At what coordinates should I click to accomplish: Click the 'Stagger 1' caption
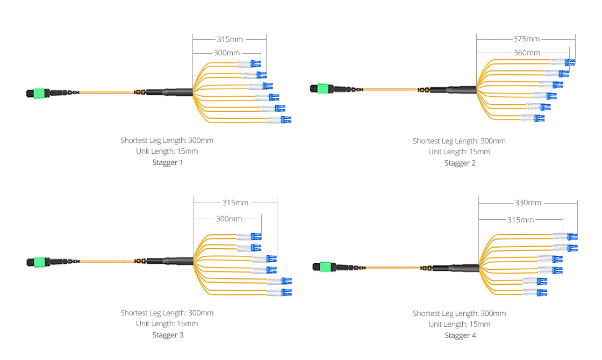click(167, 162)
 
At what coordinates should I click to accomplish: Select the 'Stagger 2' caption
click(460, 163)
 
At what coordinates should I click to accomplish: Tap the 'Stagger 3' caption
click(167, 335)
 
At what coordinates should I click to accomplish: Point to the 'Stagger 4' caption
click(460, 335)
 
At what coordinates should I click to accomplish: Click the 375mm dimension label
click(526, 39)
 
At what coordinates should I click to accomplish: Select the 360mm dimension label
click(527, 53)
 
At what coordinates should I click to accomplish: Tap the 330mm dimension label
click(528, 203)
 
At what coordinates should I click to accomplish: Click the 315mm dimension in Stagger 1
click(230, 39)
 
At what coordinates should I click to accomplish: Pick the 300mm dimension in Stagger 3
click(228, 219)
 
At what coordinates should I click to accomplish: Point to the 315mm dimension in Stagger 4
click(520, 220)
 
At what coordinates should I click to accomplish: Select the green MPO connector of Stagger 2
click(322, 88)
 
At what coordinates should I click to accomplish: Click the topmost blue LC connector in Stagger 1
click(256, 64)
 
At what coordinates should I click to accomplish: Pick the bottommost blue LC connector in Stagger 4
click(542, 292)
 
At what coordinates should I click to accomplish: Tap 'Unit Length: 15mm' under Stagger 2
click(459, 152)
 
